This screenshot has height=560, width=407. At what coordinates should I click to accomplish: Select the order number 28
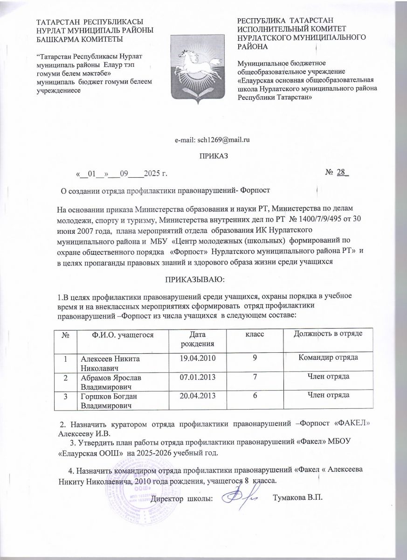point(342,173)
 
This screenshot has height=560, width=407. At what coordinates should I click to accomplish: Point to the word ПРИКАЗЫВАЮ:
point(193,279)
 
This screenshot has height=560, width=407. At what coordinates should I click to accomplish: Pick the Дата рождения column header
point(196,339)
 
